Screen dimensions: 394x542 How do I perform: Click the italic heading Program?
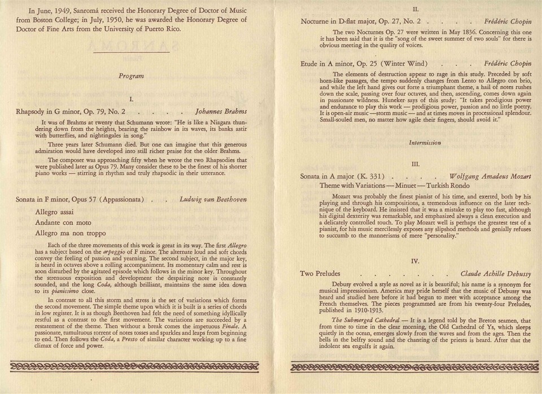pyautogui.click(x=131, y=75)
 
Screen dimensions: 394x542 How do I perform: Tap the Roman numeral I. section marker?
pyautogui.click(x=131, y=99)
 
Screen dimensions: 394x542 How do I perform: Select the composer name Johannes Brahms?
pyautogui.click(x=221, y=112)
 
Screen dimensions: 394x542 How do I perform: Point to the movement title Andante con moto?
pyautogui.click(x=63, y=224)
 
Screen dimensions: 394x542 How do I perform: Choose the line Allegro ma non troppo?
pyautogui.click(x=70, y=233)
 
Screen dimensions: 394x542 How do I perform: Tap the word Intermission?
pyautogui.click(x=416, y=143)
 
